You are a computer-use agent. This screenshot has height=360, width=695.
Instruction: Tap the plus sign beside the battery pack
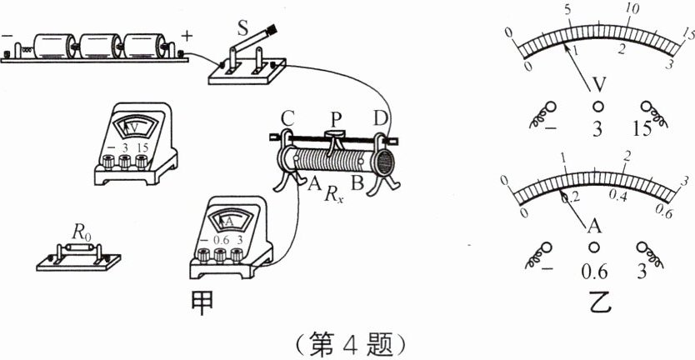pos(186,35)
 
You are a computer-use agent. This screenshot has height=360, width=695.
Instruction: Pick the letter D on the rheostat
pos(380,119)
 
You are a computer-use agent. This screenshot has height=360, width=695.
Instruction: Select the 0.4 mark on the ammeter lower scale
pos(617,194)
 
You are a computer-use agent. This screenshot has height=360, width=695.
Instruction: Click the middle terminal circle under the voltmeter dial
pos(597,107)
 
